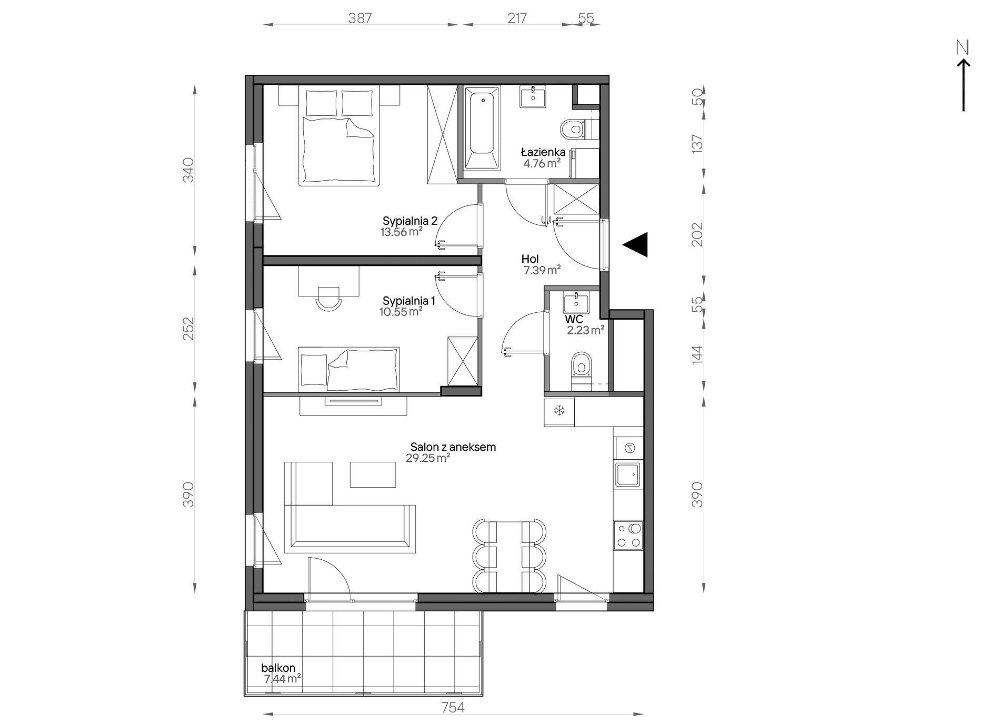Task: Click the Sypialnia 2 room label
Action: (410, 221)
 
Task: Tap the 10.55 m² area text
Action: (401, 311)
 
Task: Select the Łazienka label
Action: (543, 152)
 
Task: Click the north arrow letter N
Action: (963, 48)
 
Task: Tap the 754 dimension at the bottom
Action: (453, 707)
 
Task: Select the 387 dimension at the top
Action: (360, 18)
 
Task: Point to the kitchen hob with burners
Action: (628, 536)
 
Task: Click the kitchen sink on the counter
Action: (628, 476)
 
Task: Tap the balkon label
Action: (278, 668)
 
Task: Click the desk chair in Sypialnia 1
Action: (328, 298)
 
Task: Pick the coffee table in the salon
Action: (373, 474)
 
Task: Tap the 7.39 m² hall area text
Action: (542, 271)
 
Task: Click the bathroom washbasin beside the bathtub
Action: (533, 97)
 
